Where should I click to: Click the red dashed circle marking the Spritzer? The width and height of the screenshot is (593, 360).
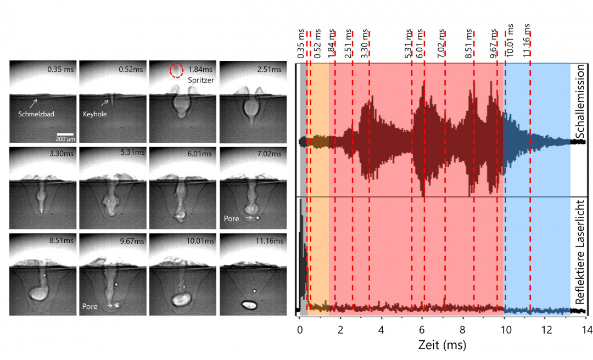click(x=176, y=70)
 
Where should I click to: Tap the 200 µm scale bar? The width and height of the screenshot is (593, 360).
click(x=65, y=133)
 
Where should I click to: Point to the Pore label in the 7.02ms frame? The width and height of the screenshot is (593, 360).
click(x=231, y=218)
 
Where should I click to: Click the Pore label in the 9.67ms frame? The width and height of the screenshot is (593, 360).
click(x=90, y=306)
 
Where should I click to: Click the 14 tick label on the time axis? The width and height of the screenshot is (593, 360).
click(x=587, y=330)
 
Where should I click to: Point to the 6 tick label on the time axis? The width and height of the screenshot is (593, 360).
click(x=423, y=330)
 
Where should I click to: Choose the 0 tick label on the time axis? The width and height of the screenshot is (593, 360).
click(x=300, y=330)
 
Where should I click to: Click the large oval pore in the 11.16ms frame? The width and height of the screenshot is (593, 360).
click(x=249, y=303)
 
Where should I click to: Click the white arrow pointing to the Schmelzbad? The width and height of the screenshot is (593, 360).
click(x=34, y=103)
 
